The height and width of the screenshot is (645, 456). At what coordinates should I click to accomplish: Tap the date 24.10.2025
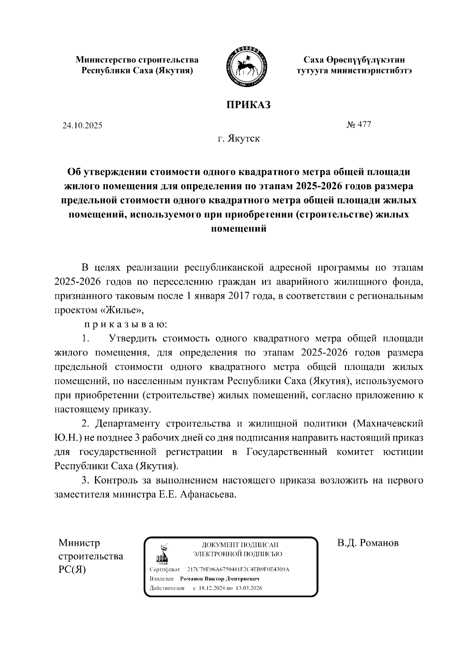82,126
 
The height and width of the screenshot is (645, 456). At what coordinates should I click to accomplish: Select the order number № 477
358,125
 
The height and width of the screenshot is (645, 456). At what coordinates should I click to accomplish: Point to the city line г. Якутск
239,138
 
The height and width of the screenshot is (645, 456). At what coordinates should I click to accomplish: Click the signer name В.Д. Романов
368,543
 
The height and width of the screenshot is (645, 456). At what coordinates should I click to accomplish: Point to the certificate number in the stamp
239,569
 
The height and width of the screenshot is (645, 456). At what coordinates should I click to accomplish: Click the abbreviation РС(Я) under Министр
72,569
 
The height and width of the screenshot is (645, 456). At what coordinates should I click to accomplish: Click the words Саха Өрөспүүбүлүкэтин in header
353,60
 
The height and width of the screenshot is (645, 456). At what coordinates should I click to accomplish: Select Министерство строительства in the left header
137,60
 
